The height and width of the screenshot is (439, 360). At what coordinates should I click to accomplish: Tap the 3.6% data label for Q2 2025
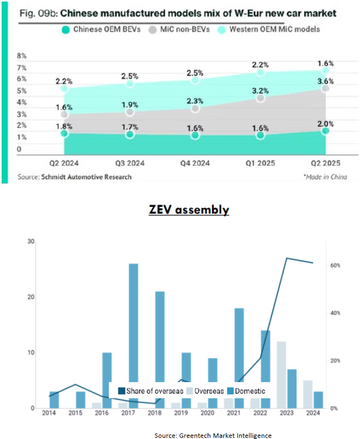(325, 81)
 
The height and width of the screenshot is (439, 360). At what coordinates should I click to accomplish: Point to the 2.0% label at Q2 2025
(325, 124)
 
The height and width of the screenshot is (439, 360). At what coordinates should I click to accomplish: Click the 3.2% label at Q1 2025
(260, 91)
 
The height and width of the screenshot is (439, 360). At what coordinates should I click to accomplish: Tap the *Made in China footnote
(325, 177)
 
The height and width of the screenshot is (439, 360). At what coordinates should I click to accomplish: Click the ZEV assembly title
(189, 210)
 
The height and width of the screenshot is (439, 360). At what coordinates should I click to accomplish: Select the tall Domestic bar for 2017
(134, 335)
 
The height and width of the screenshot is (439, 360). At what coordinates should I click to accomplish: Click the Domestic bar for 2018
(160, 349)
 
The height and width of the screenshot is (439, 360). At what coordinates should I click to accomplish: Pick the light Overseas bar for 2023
(281, 374)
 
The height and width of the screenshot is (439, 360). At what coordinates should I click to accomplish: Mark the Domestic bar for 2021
(239, 358)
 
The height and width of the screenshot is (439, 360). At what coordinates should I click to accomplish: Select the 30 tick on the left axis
(31, 242)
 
